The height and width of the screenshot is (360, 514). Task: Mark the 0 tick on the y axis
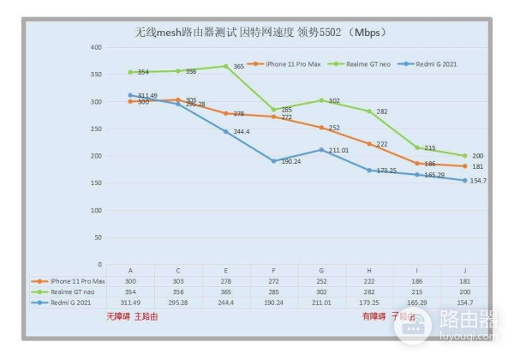click(99, 265)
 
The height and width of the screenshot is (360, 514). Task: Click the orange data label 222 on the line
click(382, 144)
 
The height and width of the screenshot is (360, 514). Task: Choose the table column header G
click(322, 271)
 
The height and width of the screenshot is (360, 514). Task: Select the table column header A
click(130, 271)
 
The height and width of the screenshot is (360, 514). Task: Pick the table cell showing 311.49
click(130, 303)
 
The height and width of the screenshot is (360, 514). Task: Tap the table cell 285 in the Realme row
click(274, 291)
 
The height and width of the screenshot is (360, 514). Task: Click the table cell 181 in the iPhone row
click(465, 281)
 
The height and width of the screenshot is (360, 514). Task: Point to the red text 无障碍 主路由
click(132, 316)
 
